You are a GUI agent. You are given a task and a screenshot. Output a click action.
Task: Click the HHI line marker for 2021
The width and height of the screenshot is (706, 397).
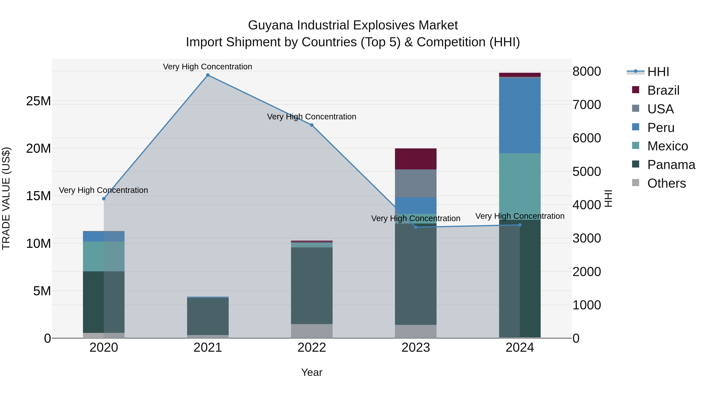pyautogui.click(x=208, y=75)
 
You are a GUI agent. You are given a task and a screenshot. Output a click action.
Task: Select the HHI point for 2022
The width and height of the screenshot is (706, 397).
pyautogui.click(x=312, y=125)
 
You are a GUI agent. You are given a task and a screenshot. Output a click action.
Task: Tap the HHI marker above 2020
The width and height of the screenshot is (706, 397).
pyautogui.click(x=104, y=199)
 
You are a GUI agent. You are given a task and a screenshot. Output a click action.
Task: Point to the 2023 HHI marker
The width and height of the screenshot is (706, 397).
pyautogui.click(x=416, y=227)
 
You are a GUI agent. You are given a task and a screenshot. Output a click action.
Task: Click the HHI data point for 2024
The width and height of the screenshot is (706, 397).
pyautogui.click(x=520, y=225)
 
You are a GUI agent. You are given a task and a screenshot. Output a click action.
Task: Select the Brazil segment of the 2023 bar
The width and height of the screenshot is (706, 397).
pyautogui.click(x=416, y=159)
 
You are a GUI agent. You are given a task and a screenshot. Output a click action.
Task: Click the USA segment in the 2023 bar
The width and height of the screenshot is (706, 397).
pyautogui.click(x=416, y=183)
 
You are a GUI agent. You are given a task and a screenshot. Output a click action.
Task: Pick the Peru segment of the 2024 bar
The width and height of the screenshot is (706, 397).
pyautogui.click(x=520, y=116)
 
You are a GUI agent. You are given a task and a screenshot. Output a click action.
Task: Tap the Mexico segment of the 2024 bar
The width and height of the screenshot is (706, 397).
pyautogui.click(x=520, y=186)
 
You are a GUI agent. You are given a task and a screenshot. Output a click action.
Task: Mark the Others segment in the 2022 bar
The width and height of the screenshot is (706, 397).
pyautogui.click(x=312, y=331)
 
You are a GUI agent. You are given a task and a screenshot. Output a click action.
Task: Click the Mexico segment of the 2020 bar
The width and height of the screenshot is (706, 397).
pyautogui.click(x=104, y=256)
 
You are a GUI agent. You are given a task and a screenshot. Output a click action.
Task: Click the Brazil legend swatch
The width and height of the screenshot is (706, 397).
pyautogui.click(x=636, y=90)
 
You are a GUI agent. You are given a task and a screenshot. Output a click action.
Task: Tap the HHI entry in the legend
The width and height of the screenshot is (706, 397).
pyautogui.click(x=658, y=72)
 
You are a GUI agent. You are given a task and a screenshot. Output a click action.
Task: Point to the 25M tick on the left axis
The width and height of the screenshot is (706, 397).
pyautogui.click(x=38, y=101)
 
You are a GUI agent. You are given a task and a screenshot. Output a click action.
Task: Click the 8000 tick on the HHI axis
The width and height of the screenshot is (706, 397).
pyautogui.click(x=587, y=72)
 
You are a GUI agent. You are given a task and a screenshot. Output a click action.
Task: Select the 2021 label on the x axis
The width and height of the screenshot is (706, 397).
pyautogui.click(x=208, y=348)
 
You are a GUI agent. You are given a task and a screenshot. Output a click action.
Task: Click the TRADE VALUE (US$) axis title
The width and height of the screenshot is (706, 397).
pyautogui.click(x=6, y=198)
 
